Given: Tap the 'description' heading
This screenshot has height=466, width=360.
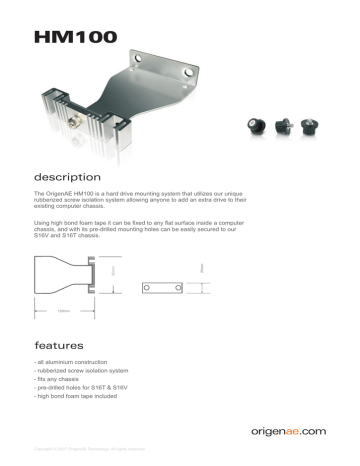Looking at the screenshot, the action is click(x=69, y=175).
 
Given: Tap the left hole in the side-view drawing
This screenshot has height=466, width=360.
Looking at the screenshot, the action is click(x=147, y=287).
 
